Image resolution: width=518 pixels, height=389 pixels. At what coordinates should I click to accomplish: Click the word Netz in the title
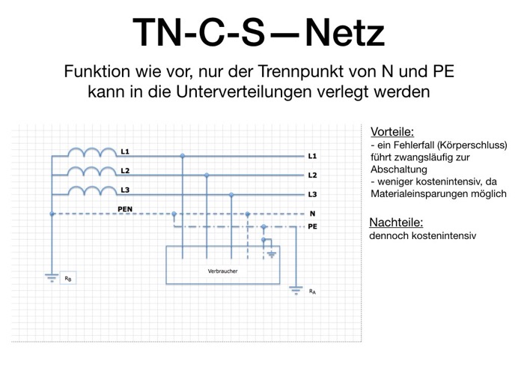point(345,33)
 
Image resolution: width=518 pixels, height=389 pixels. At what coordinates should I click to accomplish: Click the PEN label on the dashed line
point(125,209)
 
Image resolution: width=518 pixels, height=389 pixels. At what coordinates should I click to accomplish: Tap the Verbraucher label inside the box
point(222,271)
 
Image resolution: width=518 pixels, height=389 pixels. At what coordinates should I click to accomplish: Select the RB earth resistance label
point(68,279)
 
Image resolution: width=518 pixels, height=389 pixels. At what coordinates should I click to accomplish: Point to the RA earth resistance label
point(312,292)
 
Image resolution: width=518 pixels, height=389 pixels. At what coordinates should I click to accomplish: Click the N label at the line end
point(312,214)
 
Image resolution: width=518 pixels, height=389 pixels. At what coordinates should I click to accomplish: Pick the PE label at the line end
point(312,226)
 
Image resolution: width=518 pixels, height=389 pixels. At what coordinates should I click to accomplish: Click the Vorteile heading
point(392,132)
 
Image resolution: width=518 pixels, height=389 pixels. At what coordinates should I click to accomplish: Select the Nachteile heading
point(396,223)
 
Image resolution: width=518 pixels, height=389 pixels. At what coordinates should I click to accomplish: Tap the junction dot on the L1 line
point(183,156)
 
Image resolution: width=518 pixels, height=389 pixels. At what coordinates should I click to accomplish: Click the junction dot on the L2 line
point(207,175)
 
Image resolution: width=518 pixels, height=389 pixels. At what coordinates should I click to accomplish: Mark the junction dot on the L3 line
point(231,195)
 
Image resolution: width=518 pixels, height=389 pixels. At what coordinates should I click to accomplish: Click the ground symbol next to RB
point(52,277)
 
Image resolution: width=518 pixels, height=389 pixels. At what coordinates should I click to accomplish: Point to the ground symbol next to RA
point(296,290)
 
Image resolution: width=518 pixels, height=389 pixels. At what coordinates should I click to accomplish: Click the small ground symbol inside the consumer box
point(272,255)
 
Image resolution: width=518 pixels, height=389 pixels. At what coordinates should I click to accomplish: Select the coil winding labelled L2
point(92,171)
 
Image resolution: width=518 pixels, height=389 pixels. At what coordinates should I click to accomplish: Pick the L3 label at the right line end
point(312,195)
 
